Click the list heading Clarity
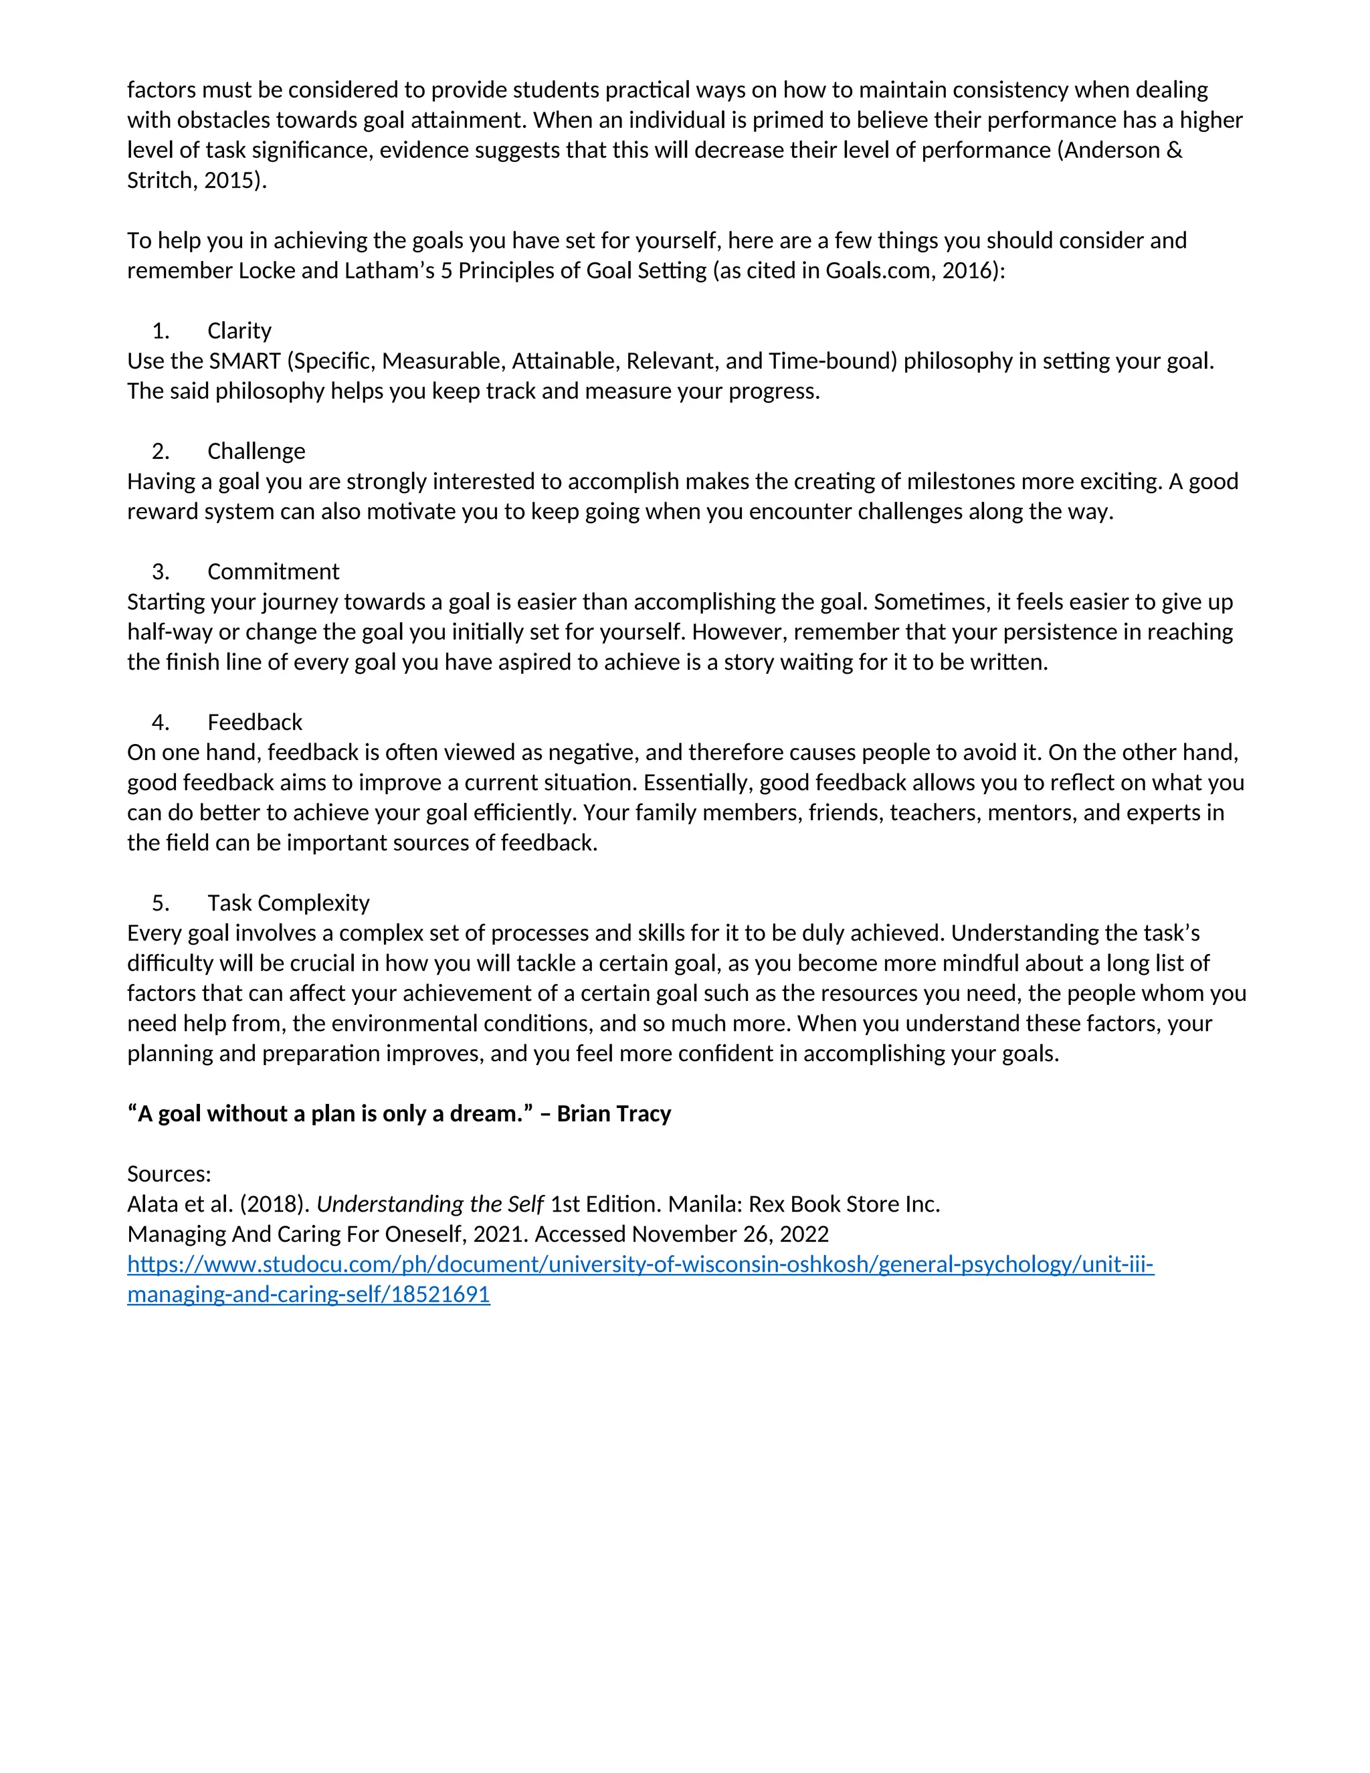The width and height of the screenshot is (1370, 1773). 239,331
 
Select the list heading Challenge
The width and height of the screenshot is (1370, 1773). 256,452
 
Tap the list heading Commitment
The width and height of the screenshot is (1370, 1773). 273,571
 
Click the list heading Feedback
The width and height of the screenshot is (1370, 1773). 254,723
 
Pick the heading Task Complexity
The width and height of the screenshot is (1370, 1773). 288,903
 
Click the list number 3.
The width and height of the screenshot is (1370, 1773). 161,571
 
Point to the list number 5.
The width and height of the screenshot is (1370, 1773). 161,903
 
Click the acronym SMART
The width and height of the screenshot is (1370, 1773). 244,361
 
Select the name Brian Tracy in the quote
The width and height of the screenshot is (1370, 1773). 613,1114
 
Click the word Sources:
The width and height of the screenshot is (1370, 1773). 169,1174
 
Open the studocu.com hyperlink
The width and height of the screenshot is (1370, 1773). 640,1265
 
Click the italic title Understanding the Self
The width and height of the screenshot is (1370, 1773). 429,1204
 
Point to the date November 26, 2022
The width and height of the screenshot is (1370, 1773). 730,1234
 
